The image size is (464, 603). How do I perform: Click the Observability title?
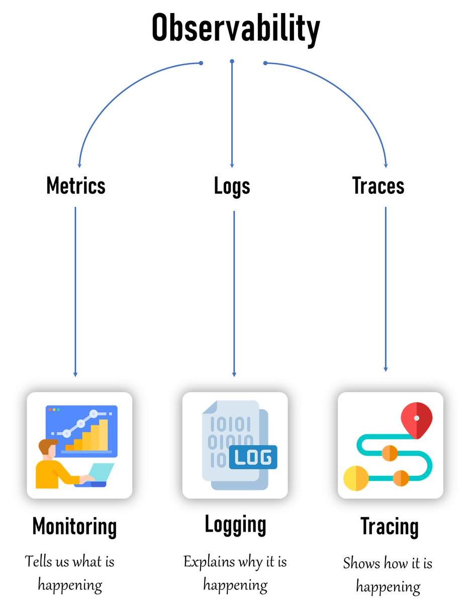(x=235, y=29)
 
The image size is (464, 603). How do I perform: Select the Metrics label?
(x=76, y=186)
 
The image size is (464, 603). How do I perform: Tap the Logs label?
(x=232, y=186)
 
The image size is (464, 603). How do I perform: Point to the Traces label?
(x=378, y=186)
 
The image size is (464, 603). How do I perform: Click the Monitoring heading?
(x=74, y=526)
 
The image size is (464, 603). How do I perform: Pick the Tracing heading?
(x=389, y=526)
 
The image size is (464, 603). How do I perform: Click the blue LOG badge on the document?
(x=253, y=458)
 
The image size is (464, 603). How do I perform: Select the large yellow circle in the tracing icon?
(x=356, y=478)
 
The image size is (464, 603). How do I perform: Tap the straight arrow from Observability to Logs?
(x=232, y=116)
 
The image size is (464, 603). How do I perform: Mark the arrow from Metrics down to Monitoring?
(x=75, y=291)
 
